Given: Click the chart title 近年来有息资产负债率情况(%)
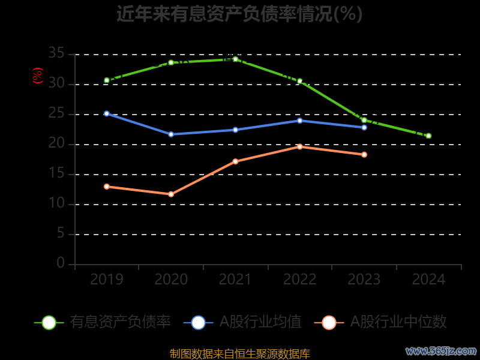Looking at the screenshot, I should (x=239, y=13).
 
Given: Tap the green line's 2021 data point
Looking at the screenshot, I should (x=235, y=59).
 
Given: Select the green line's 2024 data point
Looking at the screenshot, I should (x=428, y=136).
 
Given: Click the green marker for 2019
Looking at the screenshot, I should (x=107, y=80).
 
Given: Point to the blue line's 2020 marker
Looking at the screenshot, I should (x=171, y=134).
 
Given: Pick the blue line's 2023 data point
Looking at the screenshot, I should (x=364, y=127).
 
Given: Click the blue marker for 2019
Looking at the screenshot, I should (x=107, y=113).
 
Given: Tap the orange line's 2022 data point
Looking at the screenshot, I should (x=299, y=146).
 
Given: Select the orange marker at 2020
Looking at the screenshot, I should (x=171, y=194).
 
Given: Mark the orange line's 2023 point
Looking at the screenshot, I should (x=364, y=155).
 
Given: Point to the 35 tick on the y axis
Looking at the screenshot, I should (x=56, y=54).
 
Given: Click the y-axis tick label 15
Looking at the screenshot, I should (x=56, y=174).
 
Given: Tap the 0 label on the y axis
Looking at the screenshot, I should (x=61, y=263).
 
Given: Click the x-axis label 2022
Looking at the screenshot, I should (x=299, y=280).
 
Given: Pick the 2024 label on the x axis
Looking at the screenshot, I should (x=428, y=280).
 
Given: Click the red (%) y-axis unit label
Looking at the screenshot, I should (x=38, y=76).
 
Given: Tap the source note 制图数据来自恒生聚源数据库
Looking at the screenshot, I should (x=240, y=354).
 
